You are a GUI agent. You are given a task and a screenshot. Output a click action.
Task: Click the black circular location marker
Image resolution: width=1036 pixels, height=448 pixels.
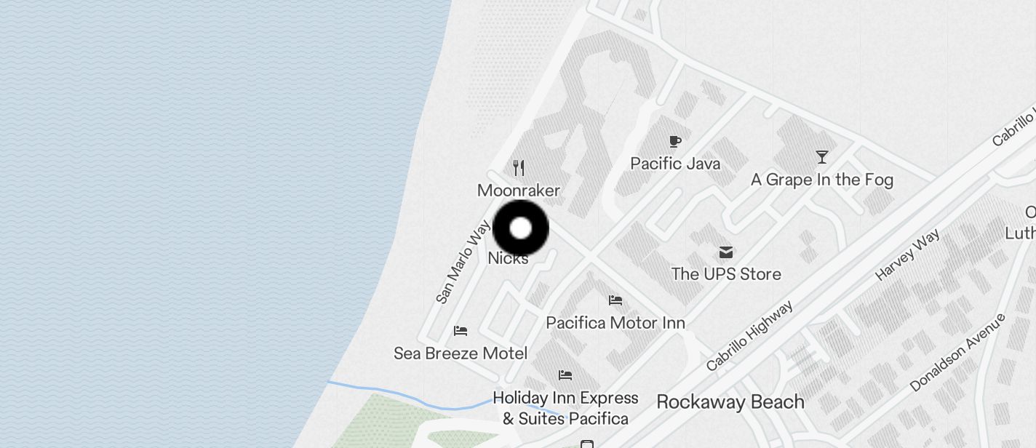[x=521, y=228]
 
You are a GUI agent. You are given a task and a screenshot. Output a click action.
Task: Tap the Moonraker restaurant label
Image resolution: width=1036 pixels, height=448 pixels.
[x=519, y=191]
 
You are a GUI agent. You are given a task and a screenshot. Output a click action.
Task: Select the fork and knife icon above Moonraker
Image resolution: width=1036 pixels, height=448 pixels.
[x=519, y=168]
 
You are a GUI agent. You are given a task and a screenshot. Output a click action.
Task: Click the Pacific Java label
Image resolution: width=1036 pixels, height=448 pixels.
[x=675, y=164]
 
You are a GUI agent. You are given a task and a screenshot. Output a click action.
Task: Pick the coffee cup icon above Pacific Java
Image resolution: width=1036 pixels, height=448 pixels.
[x=675, y=141]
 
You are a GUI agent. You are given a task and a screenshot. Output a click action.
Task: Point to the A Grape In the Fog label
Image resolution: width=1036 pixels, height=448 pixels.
[x=822, y=180]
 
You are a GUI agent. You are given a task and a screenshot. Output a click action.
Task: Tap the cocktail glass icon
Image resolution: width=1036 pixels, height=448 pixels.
[x=822, y=156]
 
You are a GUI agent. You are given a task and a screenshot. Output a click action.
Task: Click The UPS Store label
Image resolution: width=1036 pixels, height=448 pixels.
[x=726, y=274]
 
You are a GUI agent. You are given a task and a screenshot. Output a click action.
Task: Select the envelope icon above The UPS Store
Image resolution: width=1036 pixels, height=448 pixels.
[x=726, y=252]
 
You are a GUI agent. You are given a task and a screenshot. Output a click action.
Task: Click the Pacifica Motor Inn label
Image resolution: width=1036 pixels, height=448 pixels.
[x=615, y=322]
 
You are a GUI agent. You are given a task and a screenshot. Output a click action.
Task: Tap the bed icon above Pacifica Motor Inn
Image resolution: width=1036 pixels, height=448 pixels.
[x=615, y=300]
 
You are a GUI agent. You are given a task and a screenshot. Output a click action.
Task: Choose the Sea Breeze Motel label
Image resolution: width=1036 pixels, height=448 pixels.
[x=461, y=353]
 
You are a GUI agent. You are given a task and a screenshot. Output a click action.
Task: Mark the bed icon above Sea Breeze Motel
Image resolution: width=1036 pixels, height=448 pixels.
[x=461, y=331]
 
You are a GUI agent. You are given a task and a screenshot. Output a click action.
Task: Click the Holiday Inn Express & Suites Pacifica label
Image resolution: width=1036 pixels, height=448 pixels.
[x=565, y=408]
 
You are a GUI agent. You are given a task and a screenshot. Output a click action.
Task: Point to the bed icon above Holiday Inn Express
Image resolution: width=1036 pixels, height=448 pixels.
[x=565, y=375]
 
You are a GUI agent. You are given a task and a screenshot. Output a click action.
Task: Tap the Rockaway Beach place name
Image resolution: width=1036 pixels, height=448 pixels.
[x=730, y=402]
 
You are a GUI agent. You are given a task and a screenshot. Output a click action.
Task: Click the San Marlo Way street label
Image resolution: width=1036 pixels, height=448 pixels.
[x=463, y=262]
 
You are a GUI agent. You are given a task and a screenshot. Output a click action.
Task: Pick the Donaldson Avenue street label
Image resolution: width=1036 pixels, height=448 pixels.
[x=957, y=353]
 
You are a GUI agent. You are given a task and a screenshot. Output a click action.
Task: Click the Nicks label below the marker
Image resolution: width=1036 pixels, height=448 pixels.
[x=508, y=258]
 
